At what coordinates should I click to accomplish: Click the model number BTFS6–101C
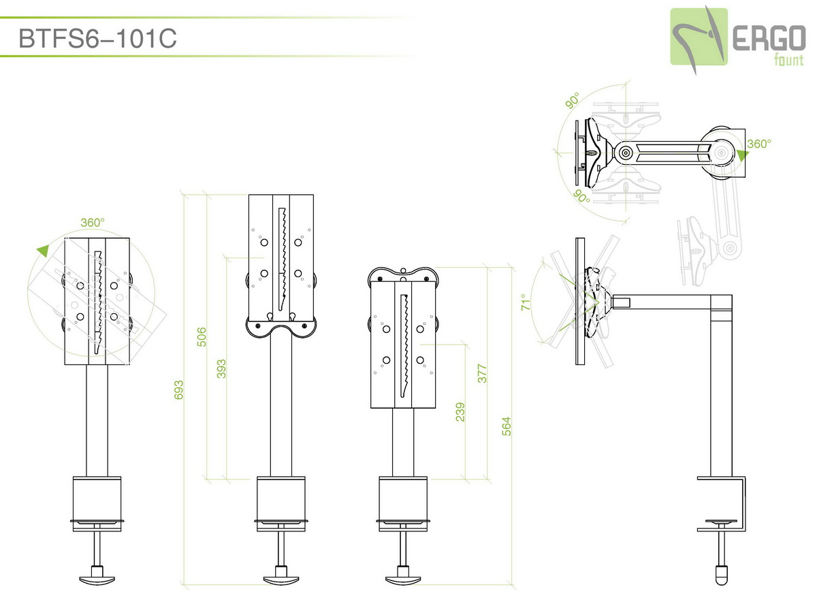pyautogui.click(x=97, y=38)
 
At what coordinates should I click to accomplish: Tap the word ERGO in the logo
pyautogui.click(x=769, y=39)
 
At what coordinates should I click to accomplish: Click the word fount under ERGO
pyautogui.click(x=788, y=60)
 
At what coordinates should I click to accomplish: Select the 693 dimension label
pyautogui.click(x=178, y=390)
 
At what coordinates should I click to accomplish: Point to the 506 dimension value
pyautogui.click(x=202, y=337)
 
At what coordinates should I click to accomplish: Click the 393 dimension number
pyautogui.click(x=221, y=369)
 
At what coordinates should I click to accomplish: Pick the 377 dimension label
pyautogui.click(x=482, y=373)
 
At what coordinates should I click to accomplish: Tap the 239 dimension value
pyautogui.click(x=460, y=412)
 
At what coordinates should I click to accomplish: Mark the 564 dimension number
pyautogui.click(x=507, y=426)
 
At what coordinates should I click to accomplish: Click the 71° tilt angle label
pyautogui.click(x=525, y=302)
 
